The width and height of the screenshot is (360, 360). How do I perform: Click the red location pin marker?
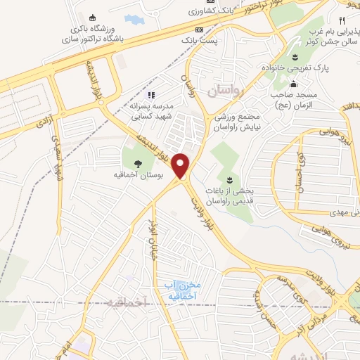[x=181, y=167]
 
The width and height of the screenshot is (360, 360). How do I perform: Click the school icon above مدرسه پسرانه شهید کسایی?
[x=150, y=94]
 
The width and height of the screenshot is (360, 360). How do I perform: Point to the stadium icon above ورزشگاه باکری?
[x=93, y=18]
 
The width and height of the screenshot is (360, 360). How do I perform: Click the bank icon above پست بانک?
[x=199, y=30]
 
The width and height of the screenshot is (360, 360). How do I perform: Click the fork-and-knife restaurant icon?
[x=342, y=21]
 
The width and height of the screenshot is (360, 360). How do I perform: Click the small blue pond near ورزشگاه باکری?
[x=132, y=19]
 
